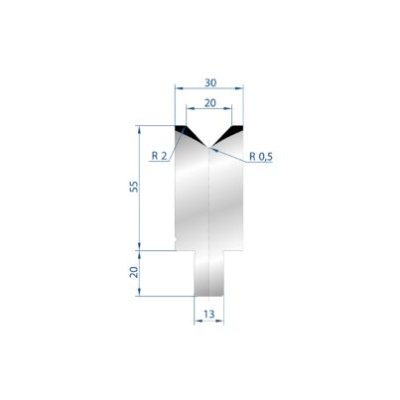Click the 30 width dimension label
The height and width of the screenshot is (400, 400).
pos(210,82)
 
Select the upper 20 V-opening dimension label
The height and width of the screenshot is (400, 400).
pos(210,103)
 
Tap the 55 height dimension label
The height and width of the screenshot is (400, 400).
pos(134,187)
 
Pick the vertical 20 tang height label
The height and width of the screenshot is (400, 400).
pos(134,272)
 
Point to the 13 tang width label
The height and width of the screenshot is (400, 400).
pos(209,314)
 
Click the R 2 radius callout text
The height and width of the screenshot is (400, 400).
pos(160,156)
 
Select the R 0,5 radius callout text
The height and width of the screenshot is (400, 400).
pos(261,156)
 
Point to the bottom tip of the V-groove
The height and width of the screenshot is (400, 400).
pos(209,147)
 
